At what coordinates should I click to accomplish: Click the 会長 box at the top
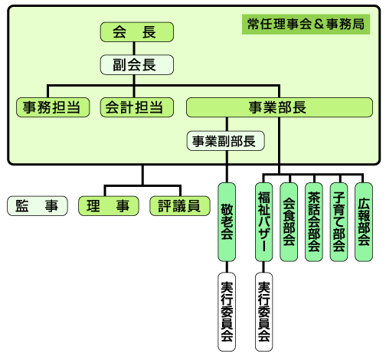point(137,33)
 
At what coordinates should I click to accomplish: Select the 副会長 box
point(137,65)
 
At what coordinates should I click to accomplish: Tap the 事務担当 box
point(52,108)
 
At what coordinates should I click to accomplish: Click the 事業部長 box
point(278,108)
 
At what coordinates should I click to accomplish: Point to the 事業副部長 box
point(226,141)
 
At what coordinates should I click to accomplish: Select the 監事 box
point(37,205)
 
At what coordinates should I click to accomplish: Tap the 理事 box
point(107,205)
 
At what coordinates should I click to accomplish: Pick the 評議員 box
point(178,205)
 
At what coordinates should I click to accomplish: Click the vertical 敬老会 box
point(227,222)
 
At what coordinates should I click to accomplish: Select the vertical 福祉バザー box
point(264,222)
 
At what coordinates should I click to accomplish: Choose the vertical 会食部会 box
point(289,222)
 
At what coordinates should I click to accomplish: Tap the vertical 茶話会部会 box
point(313,222)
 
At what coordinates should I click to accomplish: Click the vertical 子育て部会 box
point(339,222)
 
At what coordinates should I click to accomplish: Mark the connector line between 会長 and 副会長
point(137,49)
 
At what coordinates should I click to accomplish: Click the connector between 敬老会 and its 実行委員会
point(227,267)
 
